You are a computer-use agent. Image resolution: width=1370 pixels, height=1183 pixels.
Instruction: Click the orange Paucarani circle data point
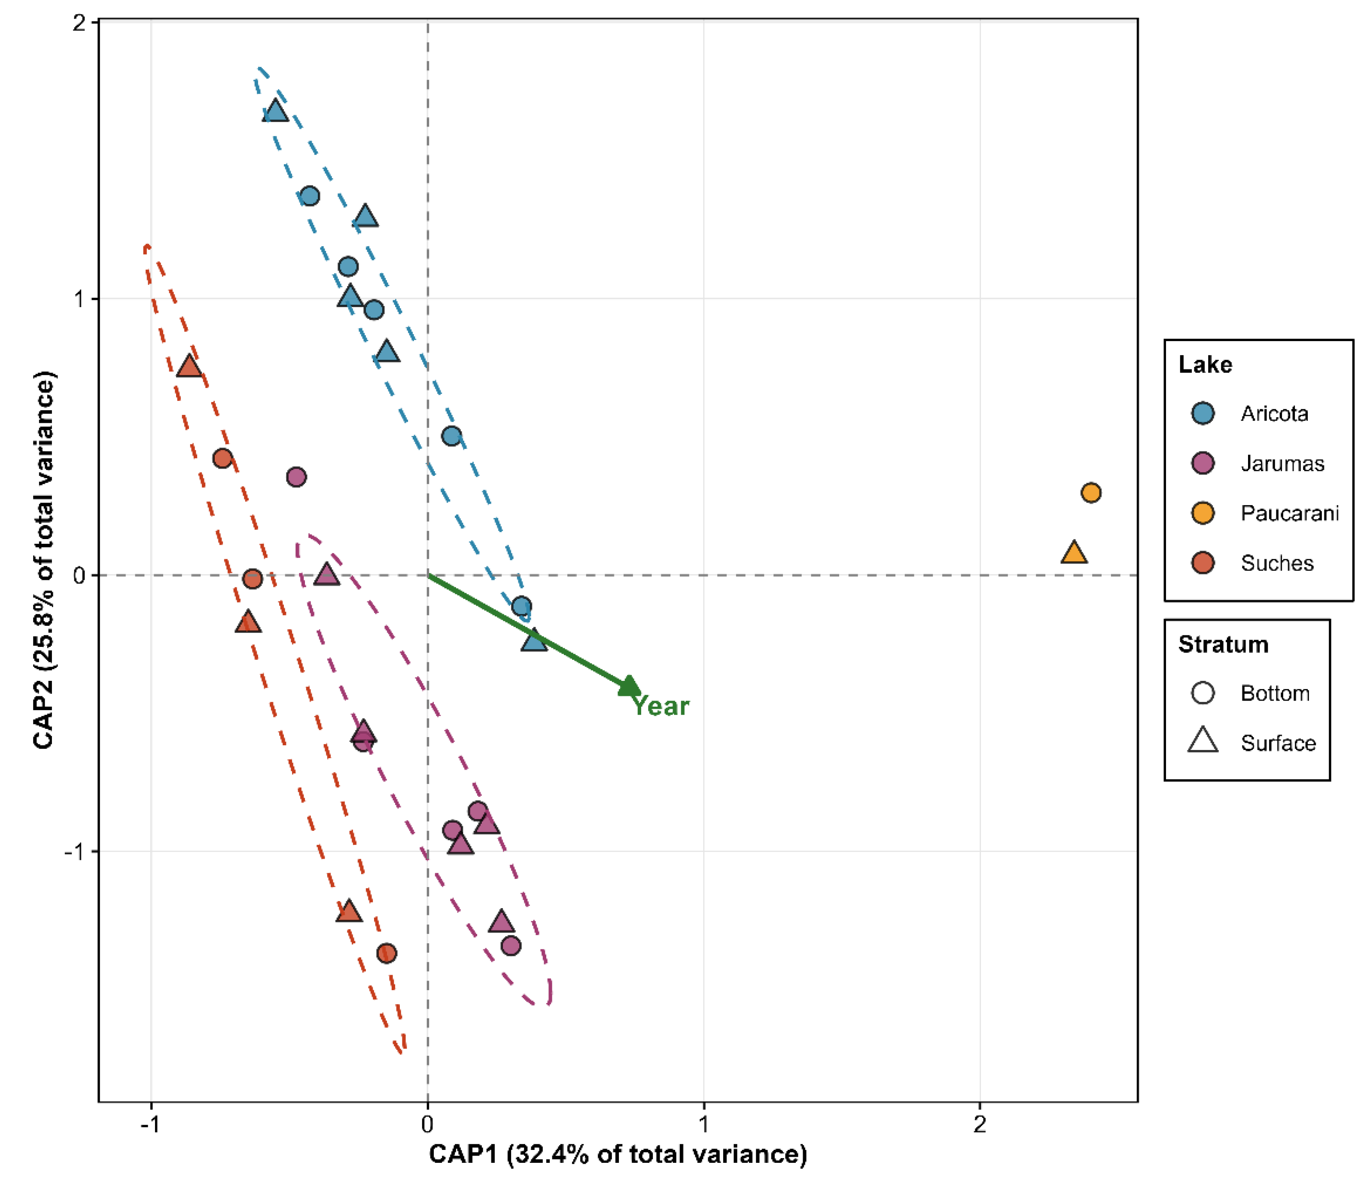pyautogui.click(x=1090, y=493)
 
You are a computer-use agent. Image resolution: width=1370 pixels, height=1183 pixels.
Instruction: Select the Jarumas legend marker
pyautogui.click(x=1203, y=463)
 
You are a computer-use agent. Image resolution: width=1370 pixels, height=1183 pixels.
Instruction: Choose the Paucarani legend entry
pyautogui.click(x=1289, y=513)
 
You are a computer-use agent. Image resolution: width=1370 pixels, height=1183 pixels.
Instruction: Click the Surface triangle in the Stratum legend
pyautogui.click(x=1203, y=741)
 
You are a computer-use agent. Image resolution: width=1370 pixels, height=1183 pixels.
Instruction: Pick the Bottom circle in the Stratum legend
pyautogui.click(x=1203, y=693)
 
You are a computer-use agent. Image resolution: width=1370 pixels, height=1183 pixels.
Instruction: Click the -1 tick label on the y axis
pyautogui.click(x=76, y=852)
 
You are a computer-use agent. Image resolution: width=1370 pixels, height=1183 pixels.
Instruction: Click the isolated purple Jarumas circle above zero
pyautogui.click(x=296, y=477)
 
